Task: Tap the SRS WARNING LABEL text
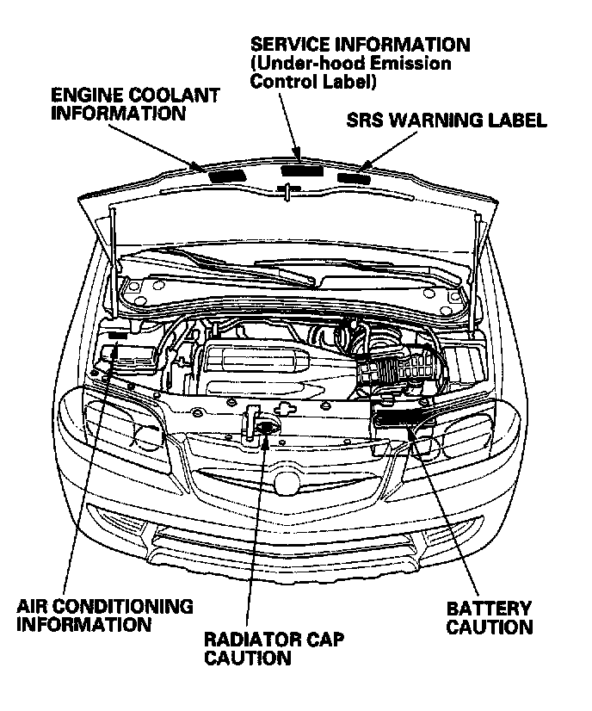click(x=447, y=121)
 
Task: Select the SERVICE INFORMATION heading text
click(x=360, y=44)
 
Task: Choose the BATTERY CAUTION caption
click(x=489, y=618)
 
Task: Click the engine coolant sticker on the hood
click(x=227, y=173)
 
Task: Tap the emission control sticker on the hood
click(x=303, y=169)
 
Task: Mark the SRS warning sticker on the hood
click(x=354, y=177)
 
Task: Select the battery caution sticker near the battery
click(x=401, y=420)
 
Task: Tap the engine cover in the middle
click(x=275, y=362)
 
